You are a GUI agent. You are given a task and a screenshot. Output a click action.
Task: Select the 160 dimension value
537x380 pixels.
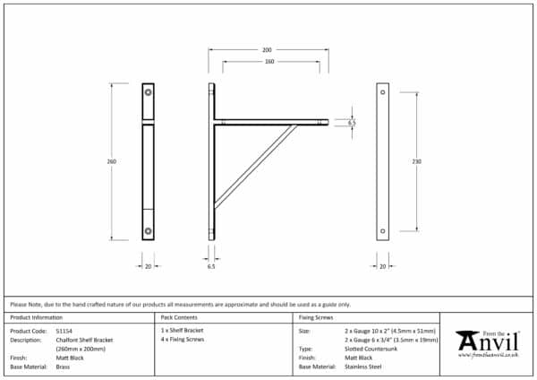click(x=268, y=61)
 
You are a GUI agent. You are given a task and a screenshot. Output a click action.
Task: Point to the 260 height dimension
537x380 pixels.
click(x=112, y=161)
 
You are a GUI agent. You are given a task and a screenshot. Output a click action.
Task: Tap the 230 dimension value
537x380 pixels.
click(x=417, y=161)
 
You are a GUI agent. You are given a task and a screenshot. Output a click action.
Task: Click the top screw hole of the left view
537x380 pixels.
click(x=148, y=91)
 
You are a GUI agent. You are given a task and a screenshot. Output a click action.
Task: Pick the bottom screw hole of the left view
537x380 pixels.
click(x=148, y=232)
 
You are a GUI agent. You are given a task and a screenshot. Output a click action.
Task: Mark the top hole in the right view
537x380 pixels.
click(x=383, y=92)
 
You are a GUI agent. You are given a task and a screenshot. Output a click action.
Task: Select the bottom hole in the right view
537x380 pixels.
click(x=383, y=231)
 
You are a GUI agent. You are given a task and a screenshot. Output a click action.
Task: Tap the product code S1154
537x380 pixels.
click(x=64, y=331)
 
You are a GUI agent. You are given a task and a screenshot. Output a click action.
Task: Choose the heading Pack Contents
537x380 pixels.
click(x=179, y=318)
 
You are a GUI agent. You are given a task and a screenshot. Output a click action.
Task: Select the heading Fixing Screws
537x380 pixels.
click(x=317, y=318)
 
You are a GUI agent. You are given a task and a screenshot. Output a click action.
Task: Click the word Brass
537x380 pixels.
click(x=64, y=367)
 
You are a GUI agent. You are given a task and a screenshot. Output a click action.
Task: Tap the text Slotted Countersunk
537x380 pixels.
click(x=371, y=350)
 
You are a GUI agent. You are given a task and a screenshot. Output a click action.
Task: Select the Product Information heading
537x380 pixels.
click(x=37, y=318)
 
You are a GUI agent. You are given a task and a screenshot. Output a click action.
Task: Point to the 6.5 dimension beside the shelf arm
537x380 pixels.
click(x=352, y=122)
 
